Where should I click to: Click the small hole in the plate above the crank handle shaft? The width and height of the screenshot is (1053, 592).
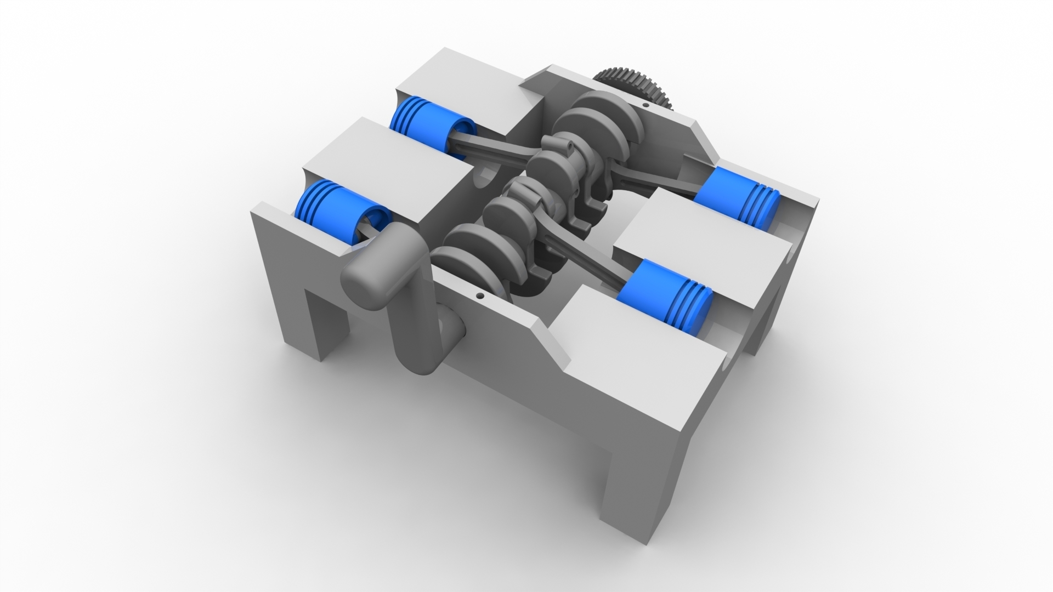point(480,296)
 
